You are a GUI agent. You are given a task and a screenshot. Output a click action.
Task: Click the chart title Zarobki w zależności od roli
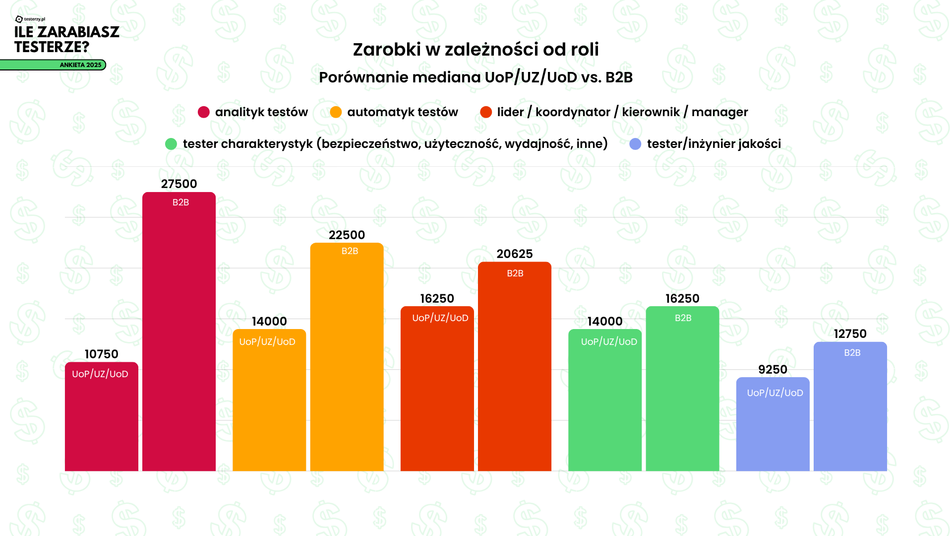(476, 50)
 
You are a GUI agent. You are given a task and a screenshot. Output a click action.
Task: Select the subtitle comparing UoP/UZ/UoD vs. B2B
(476, 77)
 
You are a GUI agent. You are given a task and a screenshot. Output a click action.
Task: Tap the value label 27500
(179, 184)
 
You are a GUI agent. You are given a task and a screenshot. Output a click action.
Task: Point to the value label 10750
(102, 354)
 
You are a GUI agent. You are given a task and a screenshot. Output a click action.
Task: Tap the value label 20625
(515, 254)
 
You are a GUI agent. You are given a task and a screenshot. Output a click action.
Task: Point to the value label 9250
(773, 370)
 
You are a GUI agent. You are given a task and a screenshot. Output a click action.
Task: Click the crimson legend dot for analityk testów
(203, 112)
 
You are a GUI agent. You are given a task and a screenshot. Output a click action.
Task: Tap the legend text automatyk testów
(403, 112)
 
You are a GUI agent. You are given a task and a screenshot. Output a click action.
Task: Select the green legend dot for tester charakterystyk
(171, 144)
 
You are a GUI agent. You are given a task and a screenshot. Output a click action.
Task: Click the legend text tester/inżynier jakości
(714, 144)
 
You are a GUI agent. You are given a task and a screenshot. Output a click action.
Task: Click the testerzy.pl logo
(30, 19)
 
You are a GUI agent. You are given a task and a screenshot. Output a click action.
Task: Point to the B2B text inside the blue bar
(852, 353)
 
